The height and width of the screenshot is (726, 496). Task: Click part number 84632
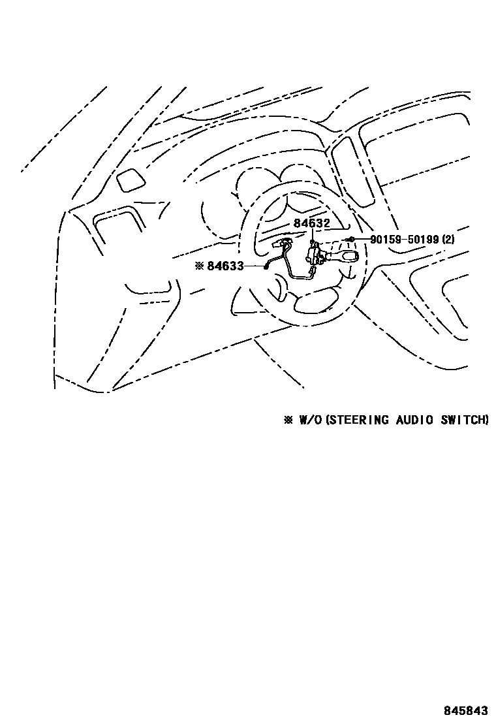coord(311,223)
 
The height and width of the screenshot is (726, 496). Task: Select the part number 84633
coord(225,266)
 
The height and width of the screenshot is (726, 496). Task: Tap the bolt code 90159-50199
coord(405,240)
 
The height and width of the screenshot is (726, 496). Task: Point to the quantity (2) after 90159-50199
coord(448,240)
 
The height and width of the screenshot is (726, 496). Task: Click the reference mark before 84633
coord(199,266)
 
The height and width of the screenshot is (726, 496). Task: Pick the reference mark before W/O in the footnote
coord(288,420)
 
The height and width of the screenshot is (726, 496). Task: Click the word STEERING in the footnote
coord(357,420)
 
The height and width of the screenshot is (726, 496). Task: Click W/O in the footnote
coord(310,420)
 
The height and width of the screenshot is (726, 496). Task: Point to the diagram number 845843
coord(466,710)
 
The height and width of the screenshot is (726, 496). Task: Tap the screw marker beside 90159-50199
coord(351,240)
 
